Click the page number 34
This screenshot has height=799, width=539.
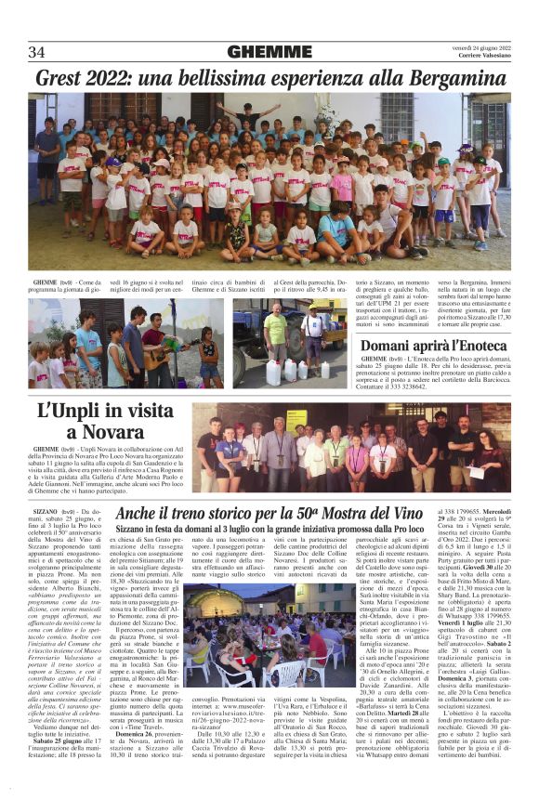pos(36,51)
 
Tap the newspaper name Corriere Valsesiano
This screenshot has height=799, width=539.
pos(481,59)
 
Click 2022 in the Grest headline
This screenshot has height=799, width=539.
pos(114,79)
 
